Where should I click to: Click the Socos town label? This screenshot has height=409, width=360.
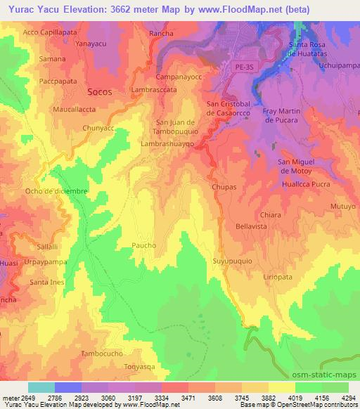(x=101, y=92)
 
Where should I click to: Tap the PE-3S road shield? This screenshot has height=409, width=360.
(x=241, y=65)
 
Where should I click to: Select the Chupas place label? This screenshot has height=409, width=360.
(x=223, y=188)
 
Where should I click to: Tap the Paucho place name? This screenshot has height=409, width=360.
(x=143, y=245)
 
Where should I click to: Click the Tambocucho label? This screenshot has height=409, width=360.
(x=105, y=353)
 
